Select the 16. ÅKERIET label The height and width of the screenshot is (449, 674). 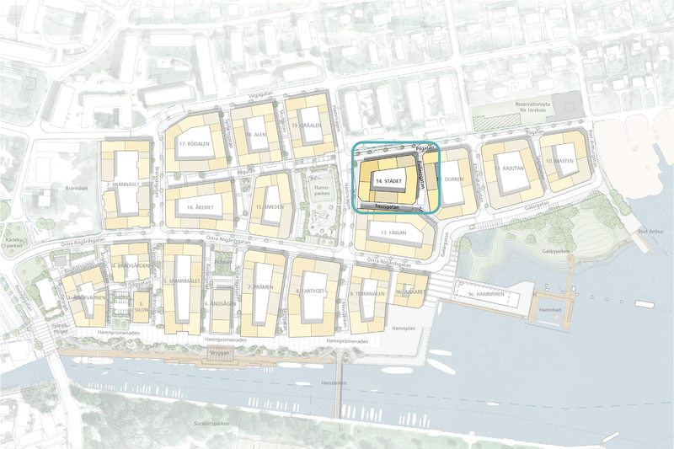[x=193, y=205]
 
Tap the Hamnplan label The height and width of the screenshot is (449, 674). [x=405, y=327]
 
